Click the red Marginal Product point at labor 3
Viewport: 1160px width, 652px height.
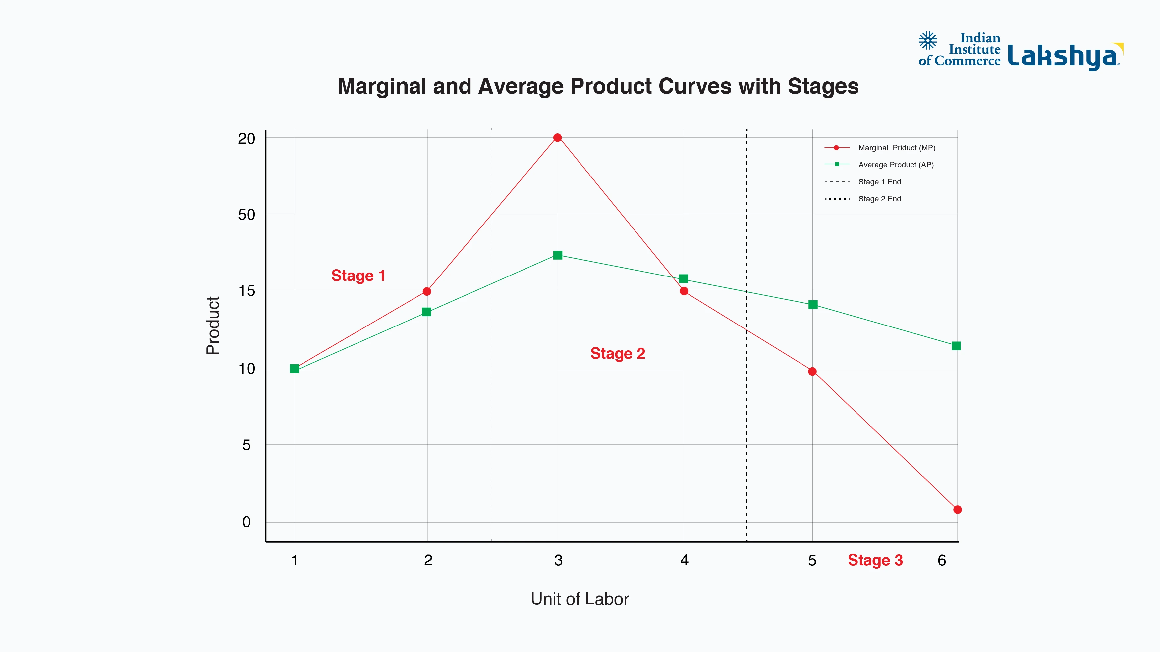(558, 138)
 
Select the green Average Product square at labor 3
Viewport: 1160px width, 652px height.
(558, 255)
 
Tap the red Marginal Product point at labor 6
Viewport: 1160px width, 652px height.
(957, 509)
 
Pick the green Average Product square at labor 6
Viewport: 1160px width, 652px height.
(956, 346)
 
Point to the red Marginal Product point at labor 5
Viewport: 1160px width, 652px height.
(812, 371)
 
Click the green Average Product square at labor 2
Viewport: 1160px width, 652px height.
(426, 312)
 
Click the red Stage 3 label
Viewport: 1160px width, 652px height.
(875, 560)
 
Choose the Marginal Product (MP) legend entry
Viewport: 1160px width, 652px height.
(896, 148)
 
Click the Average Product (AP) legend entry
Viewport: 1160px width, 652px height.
(895, 165)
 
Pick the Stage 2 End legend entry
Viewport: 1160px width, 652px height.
(879, 199)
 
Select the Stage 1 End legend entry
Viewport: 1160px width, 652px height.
(879, 182)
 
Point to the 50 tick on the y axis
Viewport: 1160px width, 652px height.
(246, 215)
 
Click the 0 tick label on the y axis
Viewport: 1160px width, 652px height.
(246, 522)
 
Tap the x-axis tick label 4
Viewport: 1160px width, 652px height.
(684, 560)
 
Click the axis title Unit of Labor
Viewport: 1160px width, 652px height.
(580, 599)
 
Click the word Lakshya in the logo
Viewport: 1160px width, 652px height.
(1063, 56)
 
